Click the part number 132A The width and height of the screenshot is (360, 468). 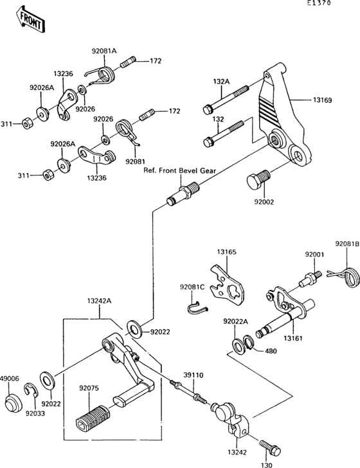(221, 82)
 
